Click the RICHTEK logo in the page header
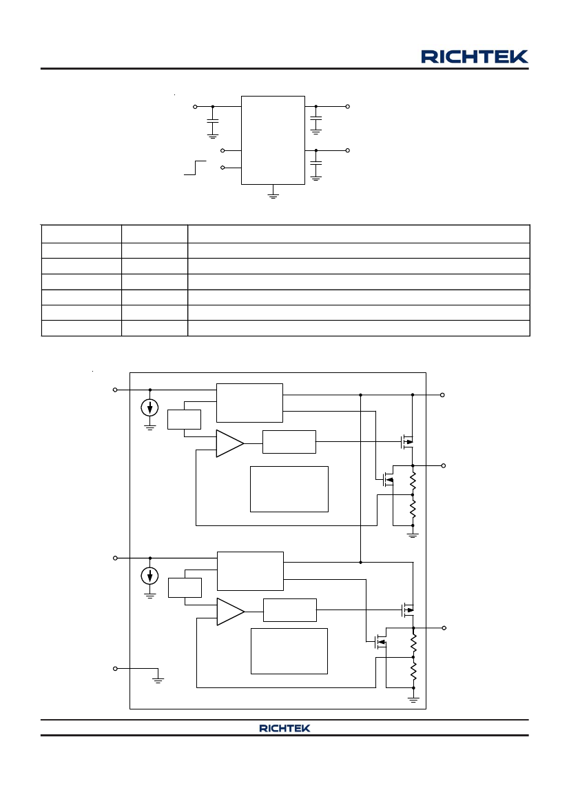(x=475, y=57)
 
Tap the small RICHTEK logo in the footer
(x=284, y=728)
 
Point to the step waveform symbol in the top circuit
(x=195, y=168)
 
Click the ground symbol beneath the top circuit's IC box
(x=273, y=194)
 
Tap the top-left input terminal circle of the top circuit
(x=195, y=106)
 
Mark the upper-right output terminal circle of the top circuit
(x=348, y=106)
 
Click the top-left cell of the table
(x=81, y=234)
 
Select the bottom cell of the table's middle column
(x=154, y=328)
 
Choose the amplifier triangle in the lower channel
(x=231, y=612)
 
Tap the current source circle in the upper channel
(x=150, y=408)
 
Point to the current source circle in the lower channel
(x=150, y=576)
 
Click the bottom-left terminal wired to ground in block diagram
(x=115, y=668)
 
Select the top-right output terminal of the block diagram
(x=443, y=395)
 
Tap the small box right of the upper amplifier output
(x=289, y=441)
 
